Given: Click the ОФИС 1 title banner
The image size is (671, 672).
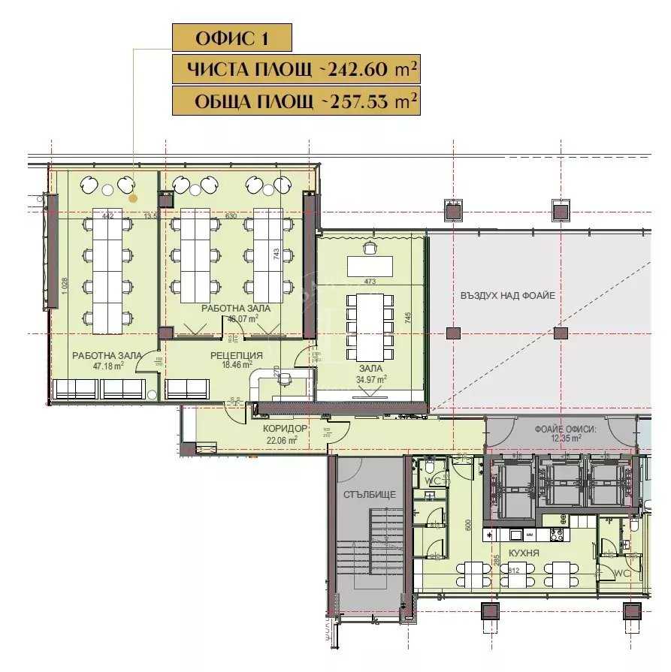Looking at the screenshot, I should (231, 38).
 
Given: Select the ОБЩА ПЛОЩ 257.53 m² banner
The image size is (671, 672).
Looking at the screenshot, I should (295, 101).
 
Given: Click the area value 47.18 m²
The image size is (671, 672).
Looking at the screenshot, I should (108, 366).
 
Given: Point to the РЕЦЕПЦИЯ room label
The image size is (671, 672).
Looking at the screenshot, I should (237, 355).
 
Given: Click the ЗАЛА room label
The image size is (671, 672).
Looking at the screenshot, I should (370, 369).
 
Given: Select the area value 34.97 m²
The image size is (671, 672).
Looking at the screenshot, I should (370, 379).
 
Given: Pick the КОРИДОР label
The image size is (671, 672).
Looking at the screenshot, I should (286, 429).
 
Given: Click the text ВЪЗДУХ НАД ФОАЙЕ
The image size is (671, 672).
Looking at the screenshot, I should (507, 296).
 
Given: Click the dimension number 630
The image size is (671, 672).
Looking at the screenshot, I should (231, 216).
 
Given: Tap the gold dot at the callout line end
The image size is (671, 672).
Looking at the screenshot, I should (133, 198).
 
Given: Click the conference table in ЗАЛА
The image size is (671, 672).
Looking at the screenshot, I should (369, 326).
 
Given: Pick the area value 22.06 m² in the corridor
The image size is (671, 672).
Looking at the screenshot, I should (286, 439).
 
